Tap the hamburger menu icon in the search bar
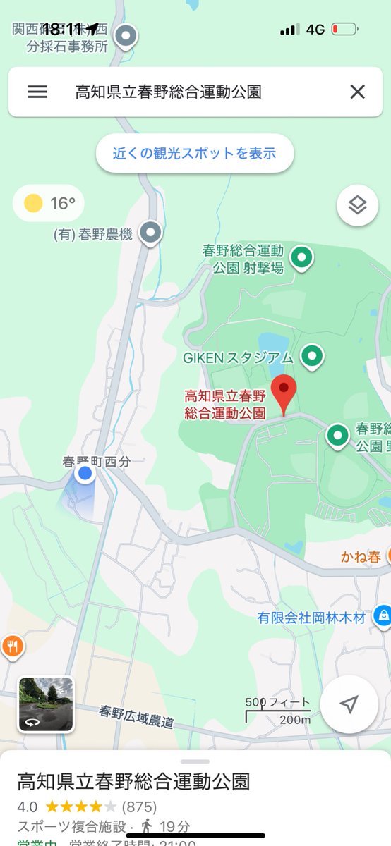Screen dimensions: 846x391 click(x=37, y=92)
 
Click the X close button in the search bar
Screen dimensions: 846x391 click(x=358, y=92)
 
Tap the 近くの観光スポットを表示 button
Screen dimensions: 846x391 click(x=194, y=153)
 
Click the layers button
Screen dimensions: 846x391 click(x=358, y=205)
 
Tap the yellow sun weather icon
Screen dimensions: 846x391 click(x=33, y=204)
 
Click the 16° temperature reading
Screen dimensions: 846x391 click(x=63, y=204)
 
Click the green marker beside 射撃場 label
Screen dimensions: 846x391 click(x=302, y=258)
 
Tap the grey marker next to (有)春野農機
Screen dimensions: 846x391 click(x=150, y=232)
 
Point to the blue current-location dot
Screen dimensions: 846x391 click(x=85, y=474)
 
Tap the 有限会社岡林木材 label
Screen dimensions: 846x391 click(x=311, y=618)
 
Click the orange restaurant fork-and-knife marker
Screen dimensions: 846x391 click(x=11, y=645)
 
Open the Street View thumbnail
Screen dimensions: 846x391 click(x=46, y=704)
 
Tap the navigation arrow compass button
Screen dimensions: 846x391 click(x=349, y=704)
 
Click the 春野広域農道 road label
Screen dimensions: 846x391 click(x=136, y=717)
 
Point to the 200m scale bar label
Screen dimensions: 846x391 click(x=294, y=720)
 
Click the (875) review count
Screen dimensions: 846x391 click(x=139, y=807)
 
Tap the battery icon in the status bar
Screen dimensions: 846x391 click(x=344, y=30)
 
